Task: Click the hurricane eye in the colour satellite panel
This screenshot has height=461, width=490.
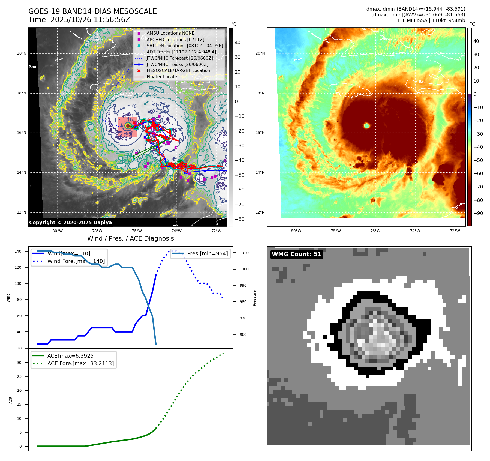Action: click(x=367, y=125)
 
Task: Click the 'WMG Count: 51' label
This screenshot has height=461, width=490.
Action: click(x=297, y=254)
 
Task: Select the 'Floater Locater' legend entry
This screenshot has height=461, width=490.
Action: click(x=163, y=77)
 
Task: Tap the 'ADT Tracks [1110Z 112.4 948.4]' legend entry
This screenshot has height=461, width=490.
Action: click(x=181, y=52)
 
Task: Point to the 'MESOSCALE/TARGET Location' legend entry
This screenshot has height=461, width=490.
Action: click(x=178, y=71)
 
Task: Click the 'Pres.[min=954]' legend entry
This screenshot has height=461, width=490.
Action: click(x=207, y=253)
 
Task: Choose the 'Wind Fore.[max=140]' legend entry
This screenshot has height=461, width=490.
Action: click(x=76, y=261)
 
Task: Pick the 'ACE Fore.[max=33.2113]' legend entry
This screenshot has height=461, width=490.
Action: click(x=80, y=363)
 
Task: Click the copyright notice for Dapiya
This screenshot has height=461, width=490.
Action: click(x=70, y=223)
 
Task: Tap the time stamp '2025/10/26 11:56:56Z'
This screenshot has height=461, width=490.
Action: click(x=90, y=20)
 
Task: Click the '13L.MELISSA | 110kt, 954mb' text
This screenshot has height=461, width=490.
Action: click(x=431, y=20)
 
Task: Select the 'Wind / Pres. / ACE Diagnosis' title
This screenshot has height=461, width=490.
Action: click(x=130, y=238)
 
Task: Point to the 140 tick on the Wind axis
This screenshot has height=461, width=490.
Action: click(x=18, y=251)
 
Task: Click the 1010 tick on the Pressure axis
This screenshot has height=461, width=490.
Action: click(x=244, y=253)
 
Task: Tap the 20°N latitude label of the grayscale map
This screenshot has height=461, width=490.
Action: click(x=22, y=53)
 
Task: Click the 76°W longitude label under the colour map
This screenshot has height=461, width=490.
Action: click(x=375, y=231)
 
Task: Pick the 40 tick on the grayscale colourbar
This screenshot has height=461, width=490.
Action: click(x=238, y=43)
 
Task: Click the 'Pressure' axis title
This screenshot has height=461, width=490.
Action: click(x=254, y=298)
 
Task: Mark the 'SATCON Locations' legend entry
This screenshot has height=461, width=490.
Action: click(x=185, y=46)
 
